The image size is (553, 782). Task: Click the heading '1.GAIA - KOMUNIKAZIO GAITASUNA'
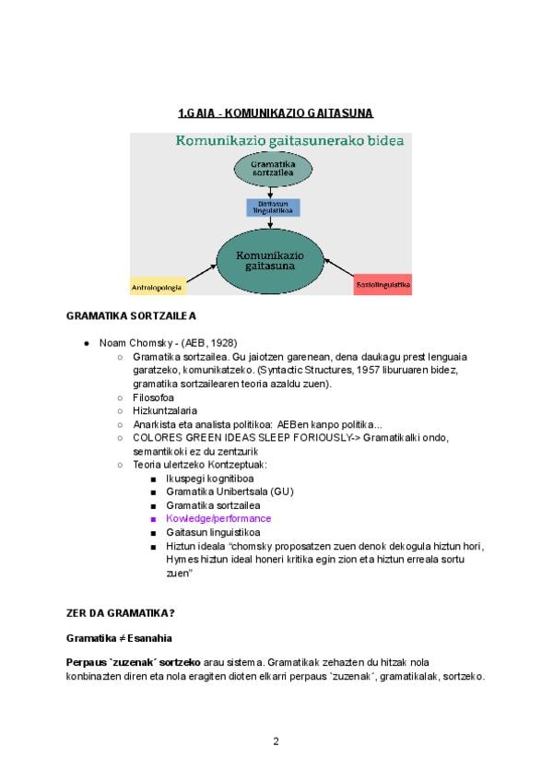coord(276,113)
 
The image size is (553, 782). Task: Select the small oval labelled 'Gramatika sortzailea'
coord(267,169)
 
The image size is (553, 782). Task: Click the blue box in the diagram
coord(266,207)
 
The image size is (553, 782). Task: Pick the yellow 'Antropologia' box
coord(158,287)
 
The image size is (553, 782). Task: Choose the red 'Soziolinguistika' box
coord(382,286)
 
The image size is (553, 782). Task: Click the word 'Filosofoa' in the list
coord(154,397)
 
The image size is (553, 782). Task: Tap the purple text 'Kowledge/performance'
coord(218,519)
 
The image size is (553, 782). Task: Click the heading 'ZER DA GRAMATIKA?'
coord(121,613)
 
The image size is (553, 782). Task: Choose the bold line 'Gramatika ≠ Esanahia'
coord(119,638)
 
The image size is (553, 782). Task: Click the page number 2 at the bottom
coord(276,741)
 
